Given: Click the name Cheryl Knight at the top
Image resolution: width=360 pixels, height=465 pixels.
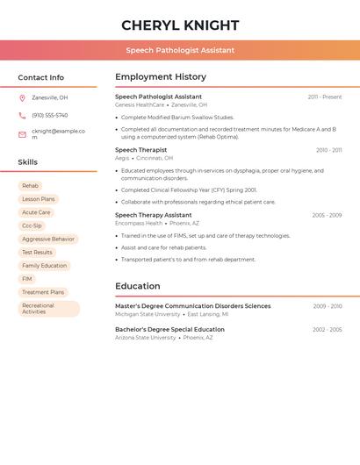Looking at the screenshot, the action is [x=179, y=25].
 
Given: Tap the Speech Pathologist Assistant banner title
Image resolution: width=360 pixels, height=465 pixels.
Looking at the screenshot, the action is [x=179, y=50].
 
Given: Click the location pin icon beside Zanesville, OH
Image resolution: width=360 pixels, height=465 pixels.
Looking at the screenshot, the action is [x=22, y=97].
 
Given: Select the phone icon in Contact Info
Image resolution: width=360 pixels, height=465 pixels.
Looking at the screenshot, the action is [x=22, y=115].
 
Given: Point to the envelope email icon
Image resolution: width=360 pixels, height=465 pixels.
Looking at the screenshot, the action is [x=22, y=133].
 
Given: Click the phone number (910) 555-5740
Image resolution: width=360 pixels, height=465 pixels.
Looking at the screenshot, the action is [x=49, y=115].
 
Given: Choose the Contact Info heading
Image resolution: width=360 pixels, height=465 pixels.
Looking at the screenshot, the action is [x=40, y=77].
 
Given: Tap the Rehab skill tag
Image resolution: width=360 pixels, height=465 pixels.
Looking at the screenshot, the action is [x=30, y=186].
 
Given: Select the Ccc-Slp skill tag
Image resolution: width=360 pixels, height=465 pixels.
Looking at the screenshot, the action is [x=32, y=225].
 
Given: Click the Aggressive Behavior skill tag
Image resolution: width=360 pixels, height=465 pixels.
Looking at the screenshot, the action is [x=48, y=239].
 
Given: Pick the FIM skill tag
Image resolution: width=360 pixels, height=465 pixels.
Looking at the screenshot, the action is [x=27, y=279].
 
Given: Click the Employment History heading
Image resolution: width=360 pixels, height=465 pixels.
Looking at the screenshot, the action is [x=161, y=77].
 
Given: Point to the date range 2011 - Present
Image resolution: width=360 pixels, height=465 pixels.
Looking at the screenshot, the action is [x=324, y=97].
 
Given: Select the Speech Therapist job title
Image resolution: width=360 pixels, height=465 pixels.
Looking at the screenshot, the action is [x=140, y=150].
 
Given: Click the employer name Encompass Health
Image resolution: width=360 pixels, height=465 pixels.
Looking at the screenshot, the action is [x=139, y=223].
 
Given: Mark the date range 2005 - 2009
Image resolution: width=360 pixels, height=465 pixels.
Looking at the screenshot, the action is [x=327, y=215].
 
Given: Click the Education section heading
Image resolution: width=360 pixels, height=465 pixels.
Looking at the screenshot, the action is [x=137, y=286].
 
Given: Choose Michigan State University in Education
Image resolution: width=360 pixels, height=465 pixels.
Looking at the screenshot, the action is [x=148, y=313].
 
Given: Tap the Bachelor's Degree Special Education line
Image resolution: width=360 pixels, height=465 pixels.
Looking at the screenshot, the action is [x=169, y=329].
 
